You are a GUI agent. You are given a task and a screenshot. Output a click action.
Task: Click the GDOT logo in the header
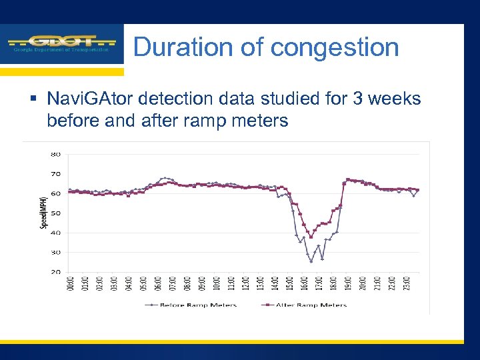tap(61, 43)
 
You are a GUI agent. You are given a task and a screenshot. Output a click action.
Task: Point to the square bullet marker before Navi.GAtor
tap(35, 99)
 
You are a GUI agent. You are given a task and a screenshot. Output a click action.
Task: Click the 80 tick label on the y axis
tap(55, 155)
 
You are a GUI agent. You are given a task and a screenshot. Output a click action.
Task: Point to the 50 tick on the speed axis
tap(55, 213)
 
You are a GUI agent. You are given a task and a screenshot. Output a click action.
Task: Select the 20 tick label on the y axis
tap(55, 272)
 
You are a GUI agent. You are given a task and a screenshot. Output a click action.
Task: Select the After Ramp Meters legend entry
tap(307, 305)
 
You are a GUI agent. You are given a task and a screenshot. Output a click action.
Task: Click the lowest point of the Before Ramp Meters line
tap(311, 261)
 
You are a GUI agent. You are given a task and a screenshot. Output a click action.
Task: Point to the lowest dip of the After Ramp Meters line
tap(311, 237)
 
